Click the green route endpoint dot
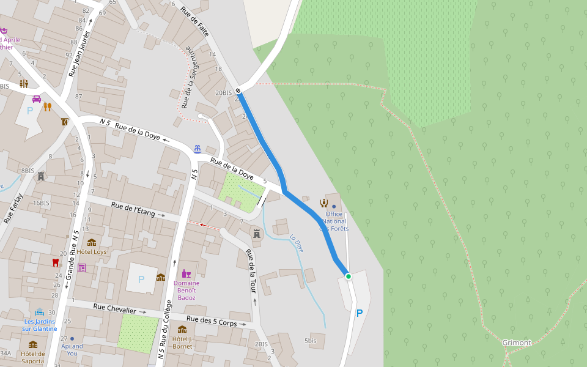(349, 276)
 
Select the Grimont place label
(517, 343)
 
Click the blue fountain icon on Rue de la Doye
(198, 149)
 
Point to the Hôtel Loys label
(92, 251)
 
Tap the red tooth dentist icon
(56, 262)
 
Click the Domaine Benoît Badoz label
(186, 290)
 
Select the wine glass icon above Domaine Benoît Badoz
(186, 273)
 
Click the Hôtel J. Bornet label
(182, 343)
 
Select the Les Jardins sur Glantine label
(40, 325)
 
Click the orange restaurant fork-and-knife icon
(47, 106)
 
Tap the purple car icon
(37, 98)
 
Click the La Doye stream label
(297, 243)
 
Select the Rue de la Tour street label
(250, 270)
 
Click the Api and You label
(72, 349)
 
